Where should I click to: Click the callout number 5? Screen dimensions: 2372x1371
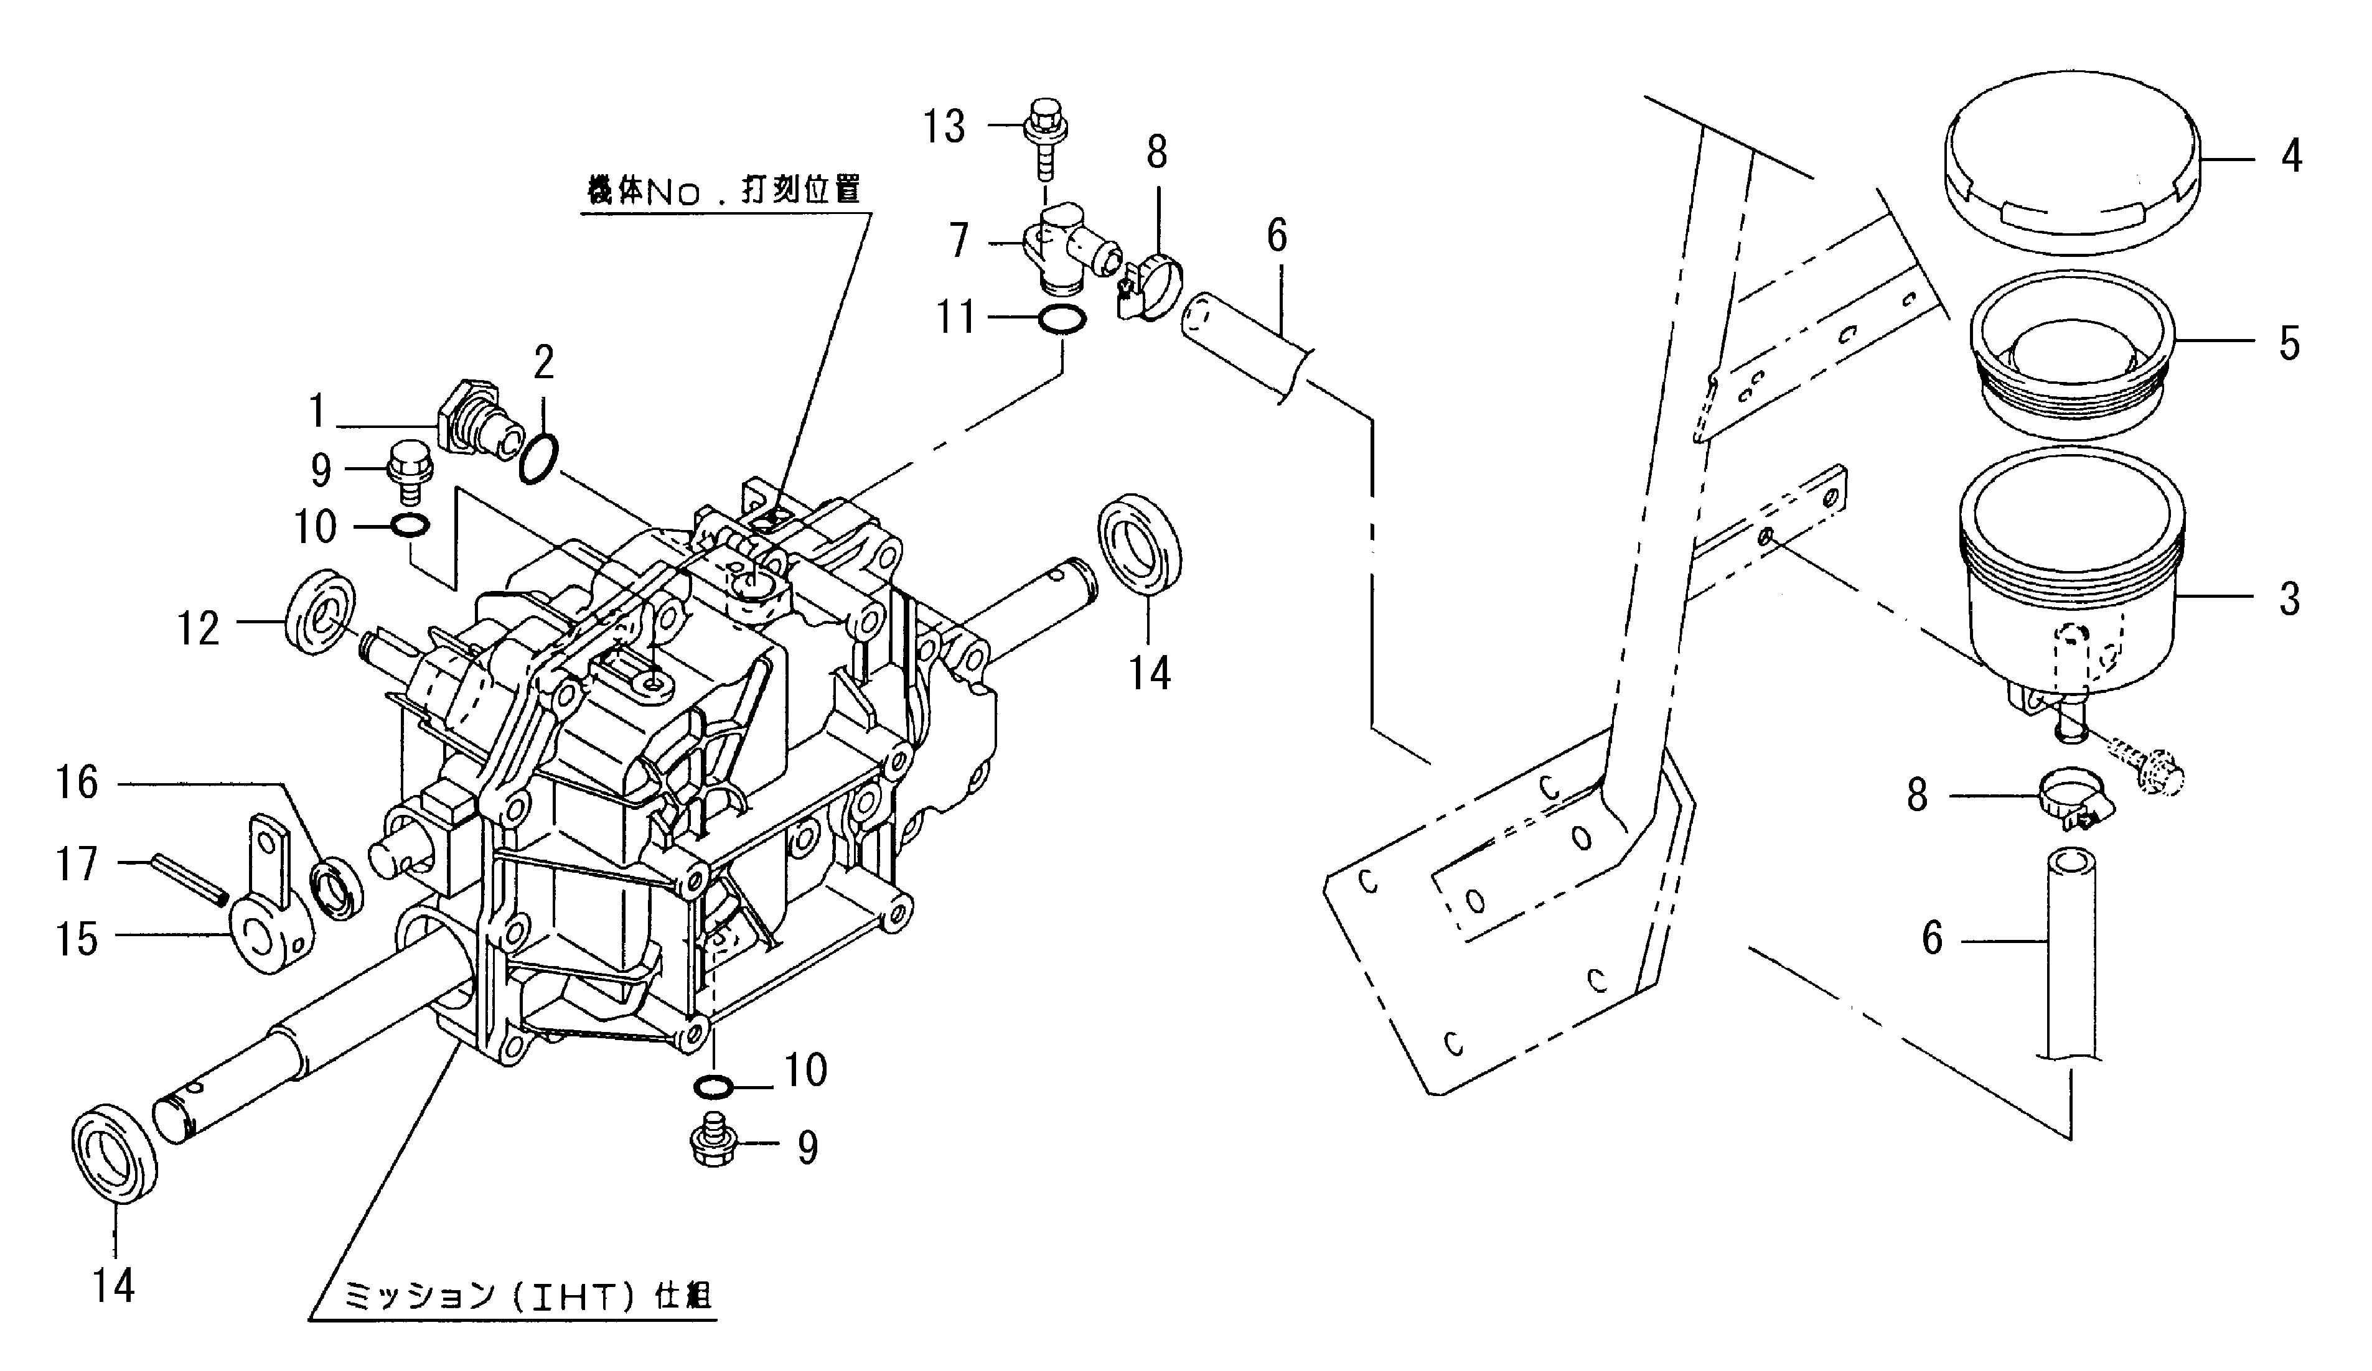pyautogui.click(x=2289, y=345)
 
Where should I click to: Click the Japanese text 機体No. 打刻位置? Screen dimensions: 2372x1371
pyautogui.click(x=722, y=191)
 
